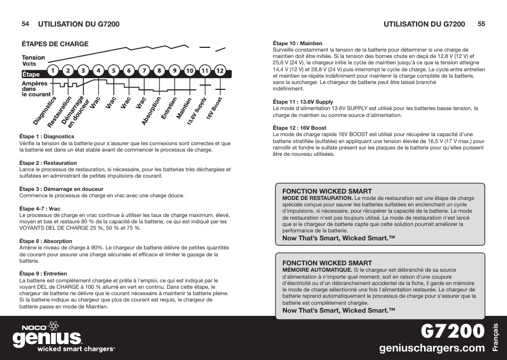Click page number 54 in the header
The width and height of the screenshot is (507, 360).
coord(25,24)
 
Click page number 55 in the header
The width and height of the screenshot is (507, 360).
coord(481,24)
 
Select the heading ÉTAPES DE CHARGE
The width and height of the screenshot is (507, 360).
coord(55,44)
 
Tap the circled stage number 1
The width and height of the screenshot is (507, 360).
coord(53,70)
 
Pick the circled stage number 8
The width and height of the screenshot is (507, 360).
coord(158,70)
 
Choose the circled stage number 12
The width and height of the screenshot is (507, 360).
coord(219,71)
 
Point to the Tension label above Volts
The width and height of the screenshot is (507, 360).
coord(33,57)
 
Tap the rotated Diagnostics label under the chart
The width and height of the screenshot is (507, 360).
coord(45,111)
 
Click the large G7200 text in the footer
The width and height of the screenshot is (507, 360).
coord(453,331)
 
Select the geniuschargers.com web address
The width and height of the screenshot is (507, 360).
coord(432,348)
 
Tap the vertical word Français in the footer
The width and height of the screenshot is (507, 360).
coord(496,338)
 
